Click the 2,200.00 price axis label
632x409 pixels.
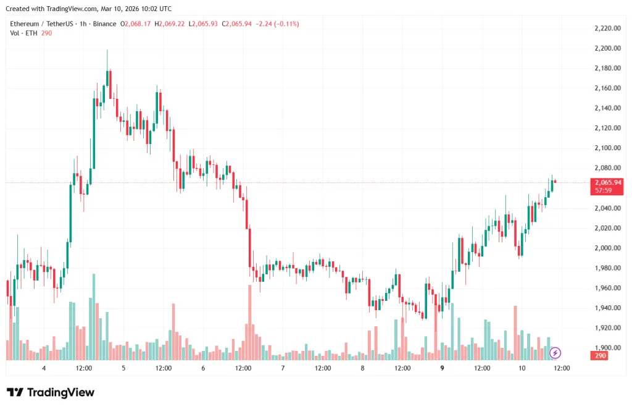click(607, 48)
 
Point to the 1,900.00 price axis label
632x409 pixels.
click(607, 348)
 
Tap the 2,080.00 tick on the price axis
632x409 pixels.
click(607, 168)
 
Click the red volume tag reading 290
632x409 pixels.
click(600, 356)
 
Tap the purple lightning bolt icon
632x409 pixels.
click(555, 353)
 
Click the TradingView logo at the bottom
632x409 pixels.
click(51, 392)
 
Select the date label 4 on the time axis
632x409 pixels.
click(44, 368)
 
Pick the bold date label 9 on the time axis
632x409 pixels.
click(442, 368)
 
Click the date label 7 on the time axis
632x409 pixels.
click(283, 368)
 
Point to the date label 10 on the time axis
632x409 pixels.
click(522, 368)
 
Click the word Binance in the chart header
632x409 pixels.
click(104, 23)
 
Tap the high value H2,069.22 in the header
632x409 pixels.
click(169, 23)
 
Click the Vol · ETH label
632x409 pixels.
click(23, 33)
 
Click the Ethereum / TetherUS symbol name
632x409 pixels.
click(41, 23)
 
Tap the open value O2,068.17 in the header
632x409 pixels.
click(136, 23)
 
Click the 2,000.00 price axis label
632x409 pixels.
click(607, 248)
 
